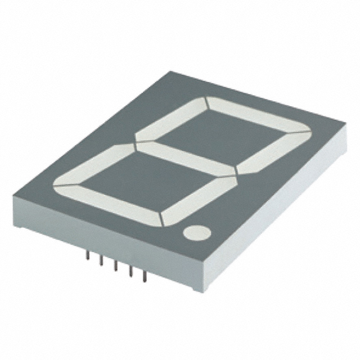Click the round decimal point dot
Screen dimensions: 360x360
(x=196, y=232)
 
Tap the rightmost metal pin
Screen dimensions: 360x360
(x=145, y=276)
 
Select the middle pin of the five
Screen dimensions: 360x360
(x=115, y=265)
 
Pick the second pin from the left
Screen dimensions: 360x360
(x=101, y=260)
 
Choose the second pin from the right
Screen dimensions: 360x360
(x=130, y=271)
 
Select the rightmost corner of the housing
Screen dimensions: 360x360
(x=344, y=135)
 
